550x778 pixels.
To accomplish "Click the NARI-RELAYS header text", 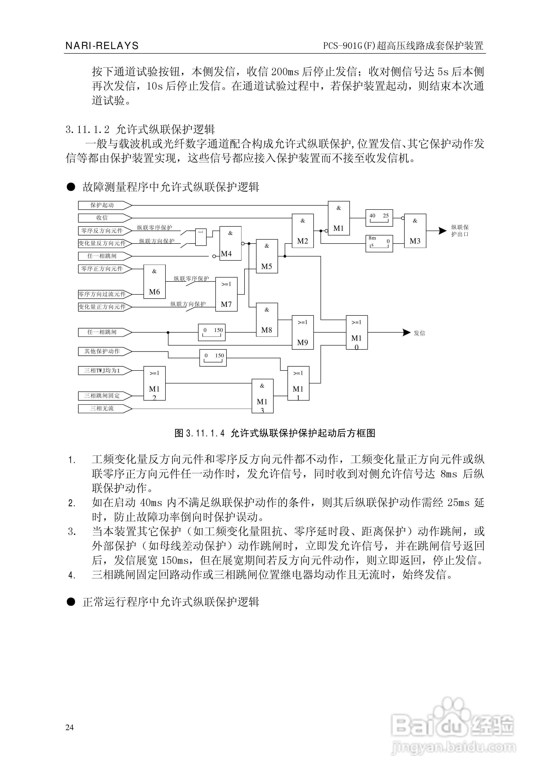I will pos(102,46).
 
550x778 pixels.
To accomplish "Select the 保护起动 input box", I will pos(102,205).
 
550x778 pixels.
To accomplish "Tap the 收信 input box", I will pos(102,218).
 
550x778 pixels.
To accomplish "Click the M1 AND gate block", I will pos(338,218).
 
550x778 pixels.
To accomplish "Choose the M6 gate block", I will pos(154,282).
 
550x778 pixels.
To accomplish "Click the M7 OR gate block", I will pos(226,294).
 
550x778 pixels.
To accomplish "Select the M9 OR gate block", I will pos(302,332).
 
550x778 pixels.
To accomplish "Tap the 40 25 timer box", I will pos(379,218).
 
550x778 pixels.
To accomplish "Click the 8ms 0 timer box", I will pos(379,243).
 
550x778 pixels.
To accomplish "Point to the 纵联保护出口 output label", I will pos(460,231).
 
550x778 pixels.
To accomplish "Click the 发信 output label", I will pos(419,333).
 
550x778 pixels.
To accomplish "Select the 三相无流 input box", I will pos(102,409).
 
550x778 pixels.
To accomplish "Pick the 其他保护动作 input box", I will pos(102,351).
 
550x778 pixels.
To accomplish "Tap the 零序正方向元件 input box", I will pos(102,269).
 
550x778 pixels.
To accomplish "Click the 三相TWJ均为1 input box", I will pos(102,371).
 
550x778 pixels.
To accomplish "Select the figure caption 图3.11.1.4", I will pos(275,433).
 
